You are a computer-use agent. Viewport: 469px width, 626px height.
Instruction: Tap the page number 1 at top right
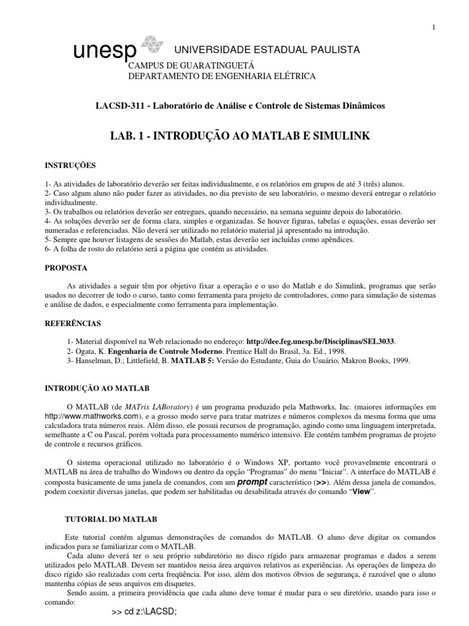click(434, 27)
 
